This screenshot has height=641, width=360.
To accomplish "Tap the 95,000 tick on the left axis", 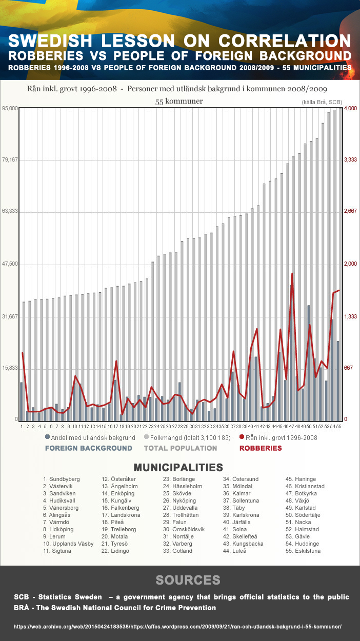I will tap(10, 108).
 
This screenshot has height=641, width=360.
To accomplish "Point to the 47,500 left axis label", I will tap(10, 264).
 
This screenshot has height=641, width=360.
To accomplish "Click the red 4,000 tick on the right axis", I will tap(350, 108).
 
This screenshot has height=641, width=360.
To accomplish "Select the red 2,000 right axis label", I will tap(350, 264).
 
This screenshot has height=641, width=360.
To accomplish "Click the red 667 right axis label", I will tap(348, 368).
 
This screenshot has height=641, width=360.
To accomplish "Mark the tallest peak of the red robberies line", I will tap(292, 274).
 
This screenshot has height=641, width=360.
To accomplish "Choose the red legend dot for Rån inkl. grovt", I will tap(242, 437).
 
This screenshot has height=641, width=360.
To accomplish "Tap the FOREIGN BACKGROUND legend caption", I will tap(88, 448).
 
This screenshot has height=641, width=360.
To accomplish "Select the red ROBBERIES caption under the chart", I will tap(261, 448).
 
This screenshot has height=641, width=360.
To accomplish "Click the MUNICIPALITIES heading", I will tap(178, 467).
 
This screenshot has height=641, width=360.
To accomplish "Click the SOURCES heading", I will tap(188, 580).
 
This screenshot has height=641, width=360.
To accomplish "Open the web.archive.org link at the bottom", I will tap(177, 627).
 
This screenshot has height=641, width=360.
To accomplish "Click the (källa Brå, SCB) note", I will tap(322, 102).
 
